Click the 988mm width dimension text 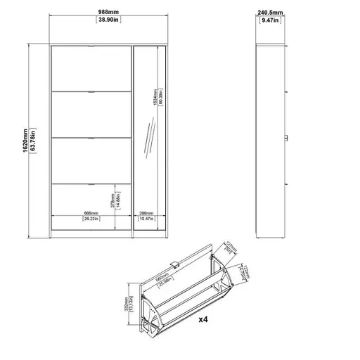click(x=108, y=12)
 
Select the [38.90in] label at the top click(x=108, y=20)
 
